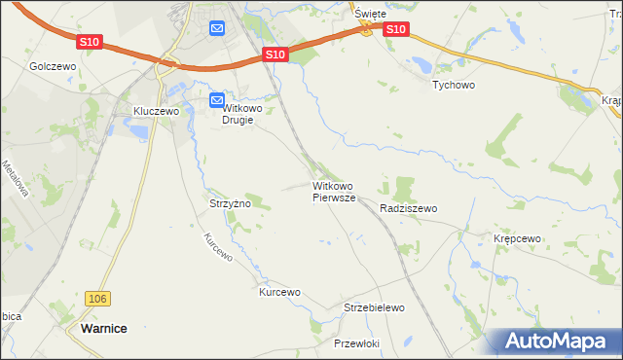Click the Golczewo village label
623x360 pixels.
pyautogui.click(x=53, y=66)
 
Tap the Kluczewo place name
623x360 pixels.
pyautogui.click(x=158, y=112)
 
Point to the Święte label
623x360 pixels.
pyautogui.click(x=371, y=14)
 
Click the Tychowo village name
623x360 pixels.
pyautogui.click(x=453, y=85)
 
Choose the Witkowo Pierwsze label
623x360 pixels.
pyautogui.click(x=334, y=191)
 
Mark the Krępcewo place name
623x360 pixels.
pyautogui.click(x=517, y=238)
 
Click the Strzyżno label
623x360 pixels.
pyautogui.click(x=231, y=204)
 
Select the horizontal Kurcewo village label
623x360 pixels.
pyautogui.click(x=279, y=292)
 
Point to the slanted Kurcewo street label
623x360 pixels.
pyautogui.click(x=218, y=248)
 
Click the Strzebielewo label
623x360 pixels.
pyautogui.click(x=374, y=307)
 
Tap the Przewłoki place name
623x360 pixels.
pyautogui.click(x=356, y=343)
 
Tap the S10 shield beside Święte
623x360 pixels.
pyautogui.click(x=395, y=30)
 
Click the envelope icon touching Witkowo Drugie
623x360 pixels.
pyautogui.click(x=217, y=99)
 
